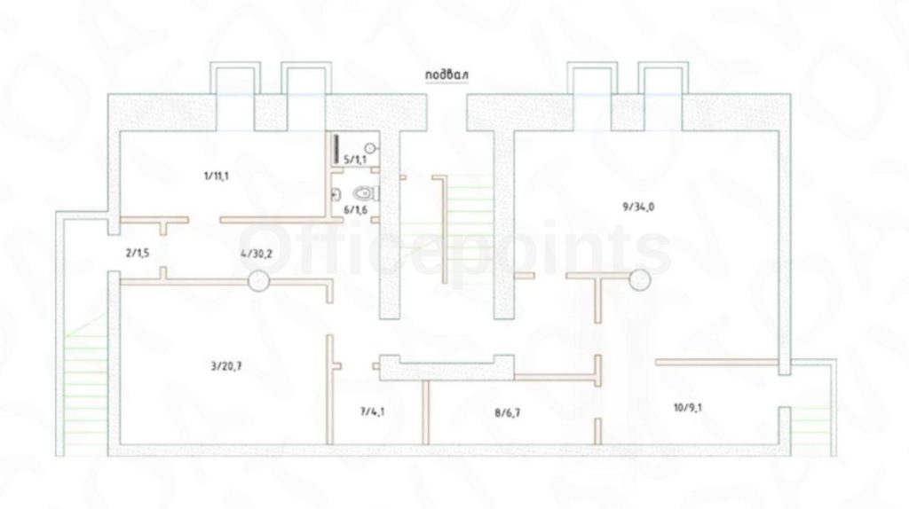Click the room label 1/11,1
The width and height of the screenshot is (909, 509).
(216, 176)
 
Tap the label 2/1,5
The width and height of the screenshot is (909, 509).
(137, 253)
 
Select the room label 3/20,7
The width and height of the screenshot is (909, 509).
(228, 364)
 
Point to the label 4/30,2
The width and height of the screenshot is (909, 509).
(255, 254)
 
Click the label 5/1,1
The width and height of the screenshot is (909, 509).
(354, 159)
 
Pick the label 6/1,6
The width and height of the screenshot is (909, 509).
(355, 210)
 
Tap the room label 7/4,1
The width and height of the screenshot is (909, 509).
(374, 411)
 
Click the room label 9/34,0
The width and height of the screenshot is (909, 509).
(638, 208)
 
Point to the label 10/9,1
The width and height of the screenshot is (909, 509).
(689, 408)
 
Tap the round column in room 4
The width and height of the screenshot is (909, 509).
(257, 282)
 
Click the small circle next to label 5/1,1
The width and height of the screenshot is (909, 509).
(371, 149)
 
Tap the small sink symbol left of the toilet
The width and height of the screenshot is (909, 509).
(336, 192)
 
